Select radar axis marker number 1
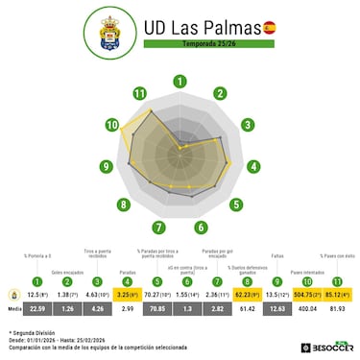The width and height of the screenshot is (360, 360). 180,81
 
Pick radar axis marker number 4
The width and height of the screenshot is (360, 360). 254,166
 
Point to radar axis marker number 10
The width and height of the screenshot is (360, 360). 113,125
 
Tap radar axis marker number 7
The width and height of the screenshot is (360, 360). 157,228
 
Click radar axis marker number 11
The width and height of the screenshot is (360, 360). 140,93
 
